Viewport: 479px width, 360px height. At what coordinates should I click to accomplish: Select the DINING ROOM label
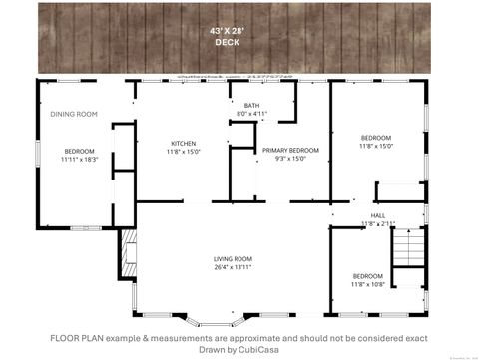74,114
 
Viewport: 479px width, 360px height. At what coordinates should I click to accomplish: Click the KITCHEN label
183,143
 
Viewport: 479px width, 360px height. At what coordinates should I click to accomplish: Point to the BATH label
250,105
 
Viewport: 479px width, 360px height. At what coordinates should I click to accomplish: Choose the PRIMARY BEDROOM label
282,150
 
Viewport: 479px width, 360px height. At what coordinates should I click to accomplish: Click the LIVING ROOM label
233,259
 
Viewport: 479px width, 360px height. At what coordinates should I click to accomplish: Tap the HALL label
378,215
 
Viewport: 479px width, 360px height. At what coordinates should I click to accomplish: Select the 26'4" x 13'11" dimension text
233,267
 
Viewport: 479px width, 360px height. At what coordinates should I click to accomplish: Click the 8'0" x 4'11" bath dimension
251,113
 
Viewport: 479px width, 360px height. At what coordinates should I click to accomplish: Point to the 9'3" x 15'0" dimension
282,158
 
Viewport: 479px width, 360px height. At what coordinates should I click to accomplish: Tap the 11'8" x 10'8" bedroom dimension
367,284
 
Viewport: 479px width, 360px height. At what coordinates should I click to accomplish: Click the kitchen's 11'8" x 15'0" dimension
183,151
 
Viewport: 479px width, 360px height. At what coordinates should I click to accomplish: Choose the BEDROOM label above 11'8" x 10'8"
367,276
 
